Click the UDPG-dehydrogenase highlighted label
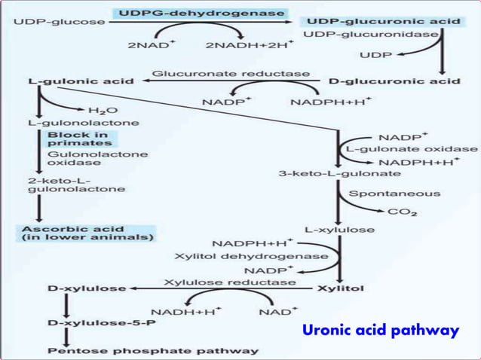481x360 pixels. tap(201, 13)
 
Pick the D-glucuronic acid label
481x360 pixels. tap(394, 81)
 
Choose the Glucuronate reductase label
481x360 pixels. tap(231, 74)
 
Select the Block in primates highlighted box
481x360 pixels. tap(78, 139)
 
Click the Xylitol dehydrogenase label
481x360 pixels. tap(251, 256)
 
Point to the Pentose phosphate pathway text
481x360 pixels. tap(153, 350)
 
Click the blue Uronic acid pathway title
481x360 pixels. tap(380, 330)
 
